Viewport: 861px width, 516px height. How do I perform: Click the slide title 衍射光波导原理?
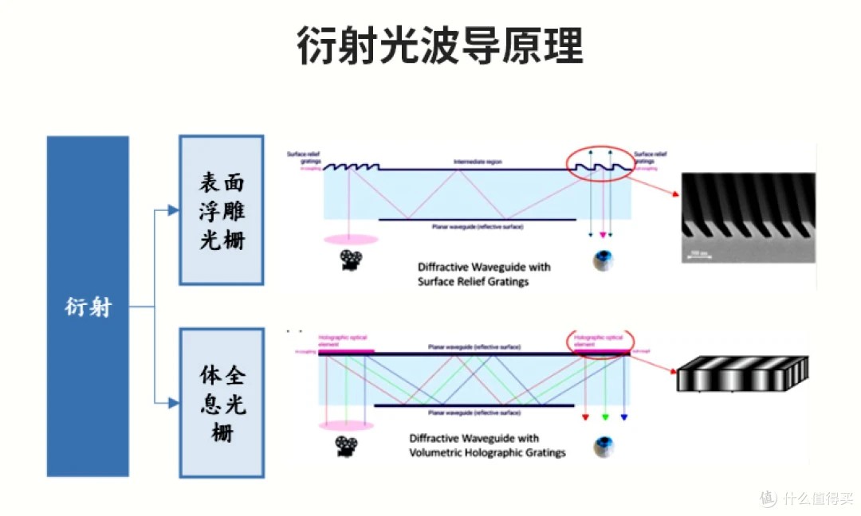point(439,45)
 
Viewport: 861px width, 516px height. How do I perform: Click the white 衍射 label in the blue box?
point(88,307)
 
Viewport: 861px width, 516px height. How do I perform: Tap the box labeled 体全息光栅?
point(222,402)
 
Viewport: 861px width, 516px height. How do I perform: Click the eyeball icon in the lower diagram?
point(603,448)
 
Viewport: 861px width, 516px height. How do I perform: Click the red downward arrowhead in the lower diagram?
point(586,417)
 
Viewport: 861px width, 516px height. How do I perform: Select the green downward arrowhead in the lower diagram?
point(605,417)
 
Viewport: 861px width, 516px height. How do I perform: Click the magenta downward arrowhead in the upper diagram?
point(603,235)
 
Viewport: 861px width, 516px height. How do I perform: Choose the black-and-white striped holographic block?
point(741,373)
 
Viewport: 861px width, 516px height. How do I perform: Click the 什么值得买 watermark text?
point(817,498)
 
